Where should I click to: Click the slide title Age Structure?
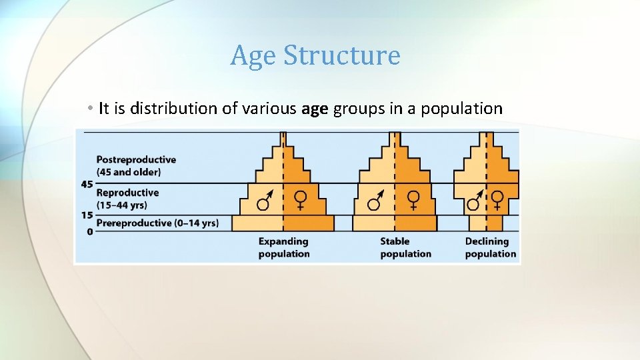point(315,55)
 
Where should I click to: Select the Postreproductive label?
point(136,160)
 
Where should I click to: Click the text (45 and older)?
point(129,172)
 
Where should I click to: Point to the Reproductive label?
point(127,193)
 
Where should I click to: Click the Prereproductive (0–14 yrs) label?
point(157,223)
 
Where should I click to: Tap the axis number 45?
point(87,183)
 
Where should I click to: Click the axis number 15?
point(87,215)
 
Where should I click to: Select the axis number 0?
point(89,231)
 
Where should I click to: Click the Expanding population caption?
point(284,247)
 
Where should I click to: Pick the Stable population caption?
point(405,247)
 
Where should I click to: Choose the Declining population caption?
point(490,247)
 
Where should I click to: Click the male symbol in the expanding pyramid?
point(265,200)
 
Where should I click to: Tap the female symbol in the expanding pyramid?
point(301,200)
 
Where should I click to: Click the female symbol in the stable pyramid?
point(413,200)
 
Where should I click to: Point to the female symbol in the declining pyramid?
point(498,199)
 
